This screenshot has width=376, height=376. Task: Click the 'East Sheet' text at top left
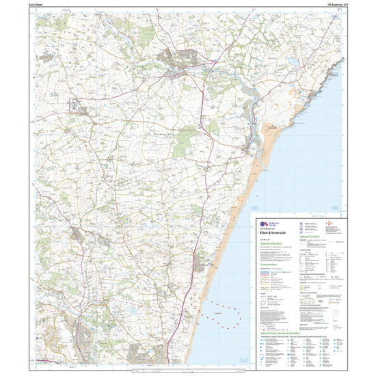click(36, 4)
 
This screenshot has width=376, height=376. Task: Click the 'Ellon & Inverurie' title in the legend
click(274, 231)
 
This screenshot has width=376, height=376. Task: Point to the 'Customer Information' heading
click(271, 243)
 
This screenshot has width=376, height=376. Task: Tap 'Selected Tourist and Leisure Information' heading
click(280, 332)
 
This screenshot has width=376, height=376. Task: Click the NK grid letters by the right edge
click(334, 208)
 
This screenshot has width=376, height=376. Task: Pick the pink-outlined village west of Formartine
click(74, 106)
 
